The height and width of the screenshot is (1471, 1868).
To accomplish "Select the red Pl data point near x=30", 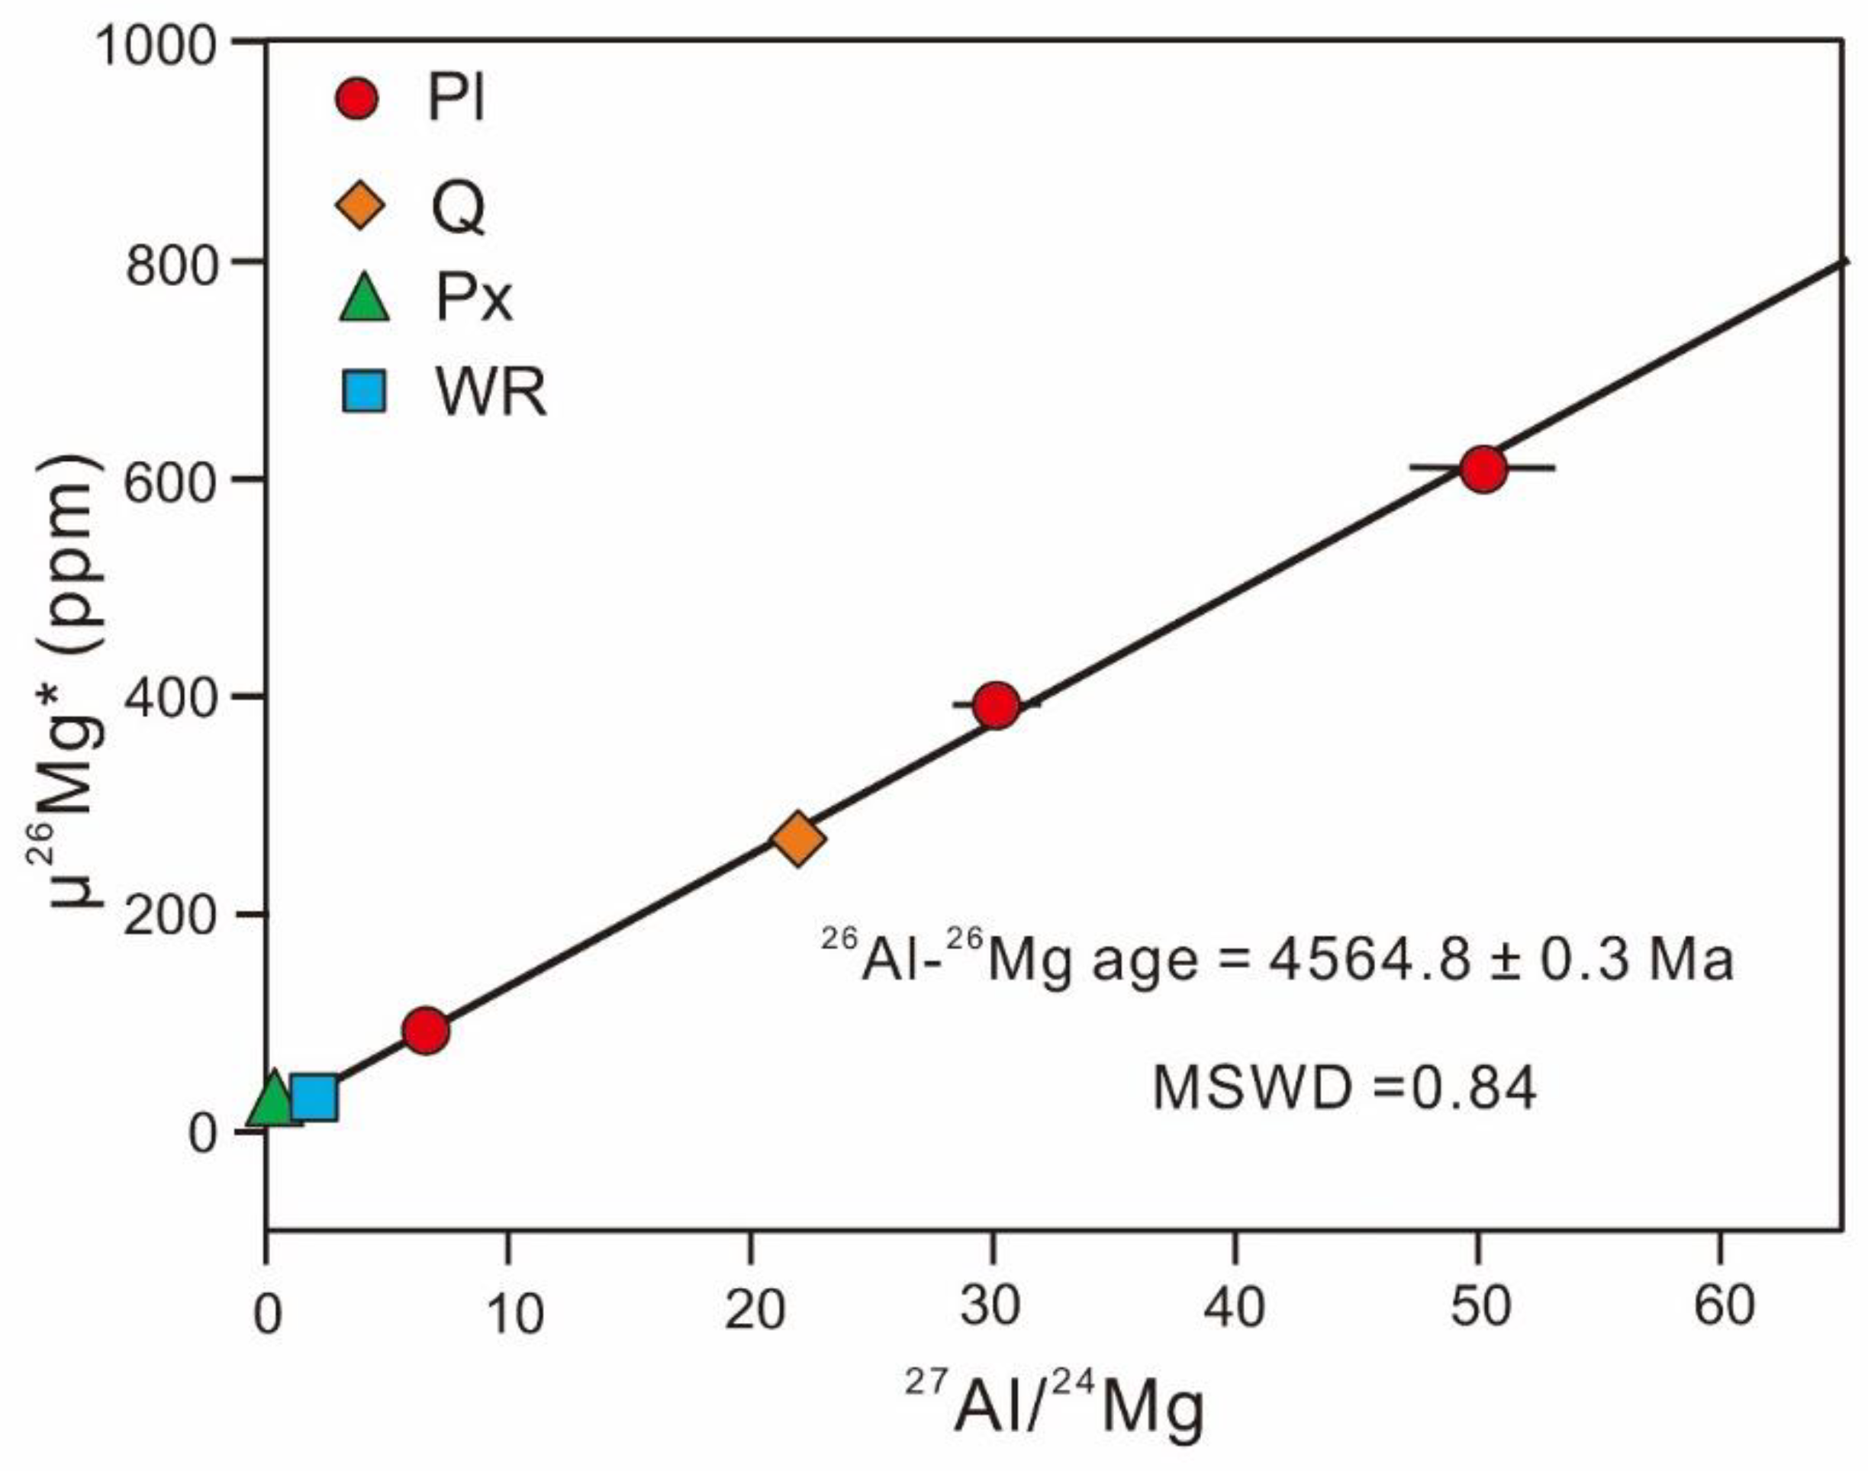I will click(x=997, y=705).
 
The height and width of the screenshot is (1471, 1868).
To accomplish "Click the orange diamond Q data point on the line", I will click(x=799, y=837).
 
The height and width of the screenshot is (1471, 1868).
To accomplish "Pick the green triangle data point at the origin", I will click(x=273, y=1099).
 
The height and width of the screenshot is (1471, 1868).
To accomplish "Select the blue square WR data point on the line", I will click(x=314, y=1096).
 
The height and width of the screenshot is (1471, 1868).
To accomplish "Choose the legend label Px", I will click(x=474, y=299).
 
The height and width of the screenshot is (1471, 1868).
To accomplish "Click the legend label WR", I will click(x=491, y=394).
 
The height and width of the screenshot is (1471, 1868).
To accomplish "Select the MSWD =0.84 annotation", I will click(x=1345, y=1088).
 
